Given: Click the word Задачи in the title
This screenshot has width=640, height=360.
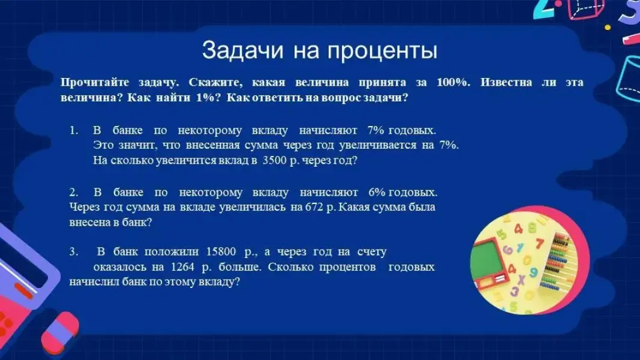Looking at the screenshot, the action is point(242,50).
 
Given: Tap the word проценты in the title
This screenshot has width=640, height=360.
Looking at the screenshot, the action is point(383,52).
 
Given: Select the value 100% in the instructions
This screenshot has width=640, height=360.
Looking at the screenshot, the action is point(453,82).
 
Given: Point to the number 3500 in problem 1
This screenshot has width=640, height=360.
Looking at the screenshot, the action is point(274,160).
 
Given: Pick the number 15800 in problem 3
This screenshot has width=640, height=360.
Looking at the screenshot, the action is point(221,251).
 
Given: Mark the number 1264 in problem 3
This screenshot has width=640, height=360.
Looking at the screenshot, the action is point(182,267).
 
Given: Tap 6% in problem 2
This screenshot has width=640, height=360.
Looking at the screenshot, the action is point(376,192).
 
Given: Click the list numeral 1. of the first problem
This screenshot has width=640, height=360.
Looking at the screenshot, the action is point(73,130).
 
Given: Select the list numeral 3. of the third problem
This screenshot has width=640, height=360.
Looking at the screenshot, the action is point(73,251).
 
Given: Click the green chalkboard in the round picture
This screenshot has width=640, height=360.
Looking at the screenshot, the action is point(487,262).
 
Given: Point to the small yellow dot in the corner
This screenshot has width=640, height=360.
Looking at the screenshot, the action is point(608,28).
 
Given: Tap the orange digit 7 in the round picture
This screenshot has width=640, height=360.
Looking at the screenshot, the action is point(540,244).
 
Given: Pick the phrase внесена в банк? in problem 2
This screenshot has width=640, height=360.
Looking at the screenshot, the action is point(110,223).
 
